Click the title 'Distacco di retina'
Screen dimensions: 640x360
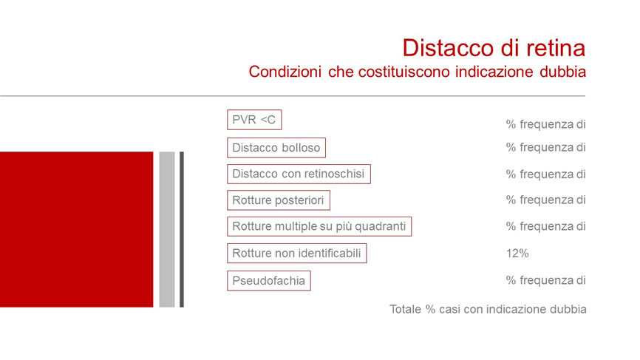(494, 48)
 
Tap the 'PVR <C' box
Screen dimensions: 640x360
(254, 120)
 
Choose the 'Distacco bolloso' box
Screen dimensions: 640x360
(276, 148)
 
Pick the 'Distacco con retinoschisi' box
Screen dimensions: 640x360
(299, 174)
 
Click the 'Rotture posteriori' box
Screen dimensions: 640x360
(279, 200)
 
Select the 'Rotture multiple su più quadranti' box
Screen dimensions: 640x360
(319, 226)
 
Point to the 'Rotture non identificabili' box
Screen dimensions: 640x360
(297, 253)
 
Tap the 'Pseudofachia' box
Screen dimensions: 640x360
(268, 281)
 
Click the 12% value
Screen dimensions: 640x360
(517, 254)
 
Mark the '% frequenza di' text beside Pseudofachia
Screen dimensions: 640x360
(545, 280)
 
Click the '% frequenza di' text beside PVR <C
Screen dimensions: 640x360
(545, 124)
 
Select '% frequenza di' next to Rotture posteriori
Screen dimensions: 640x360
(545, 200)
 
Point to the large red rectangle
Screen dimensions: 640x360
(76, 229)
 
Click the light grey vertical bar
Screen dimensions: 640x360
(167, 229)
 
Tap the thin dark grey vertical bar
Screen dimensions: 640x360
(182, 229)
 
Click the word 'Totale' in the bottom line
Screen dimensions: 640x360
(405, 310)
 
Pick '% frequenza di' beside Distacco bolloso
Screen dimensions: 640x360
(545, 147)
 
